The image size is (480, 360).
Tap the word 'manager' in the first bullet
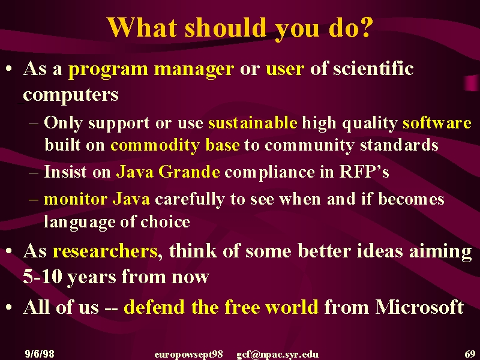(x=194, y=70)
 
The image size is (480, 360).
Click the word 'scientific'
(x=373, y=68)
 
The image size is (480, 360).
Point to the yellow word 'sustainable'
(x=253, y=123)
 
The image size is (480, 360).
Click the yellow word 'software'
(x=437, y=123)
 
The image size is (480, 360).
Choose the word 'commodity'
(x=155, y=146)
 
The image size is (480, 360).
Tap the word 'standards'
(x=399, y=145)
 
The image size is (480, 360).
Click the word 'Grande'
(x=189, y=172)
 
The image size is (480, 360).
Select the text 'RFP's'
(x=364, y=172)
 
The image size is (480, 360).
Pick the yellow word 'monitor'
(x=76, y=199)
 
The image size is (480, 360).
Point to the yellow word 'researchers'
(x=105, y=251)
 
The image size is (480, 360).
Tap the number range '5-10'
(x=43, y=277)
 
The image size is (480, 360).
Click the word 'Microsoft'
(x=419, y=307)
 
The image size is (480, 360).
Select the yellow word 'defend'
(x=154, y=307)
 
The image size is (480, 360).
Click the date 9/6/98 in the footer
(x=40, y=354)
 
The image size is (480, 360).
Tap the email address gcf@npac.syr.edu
(x=278, y=355)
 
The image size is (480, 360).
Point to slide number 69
(x=470, y=354)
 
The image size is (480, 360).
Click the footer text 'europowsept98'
(x=188, y=355)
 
